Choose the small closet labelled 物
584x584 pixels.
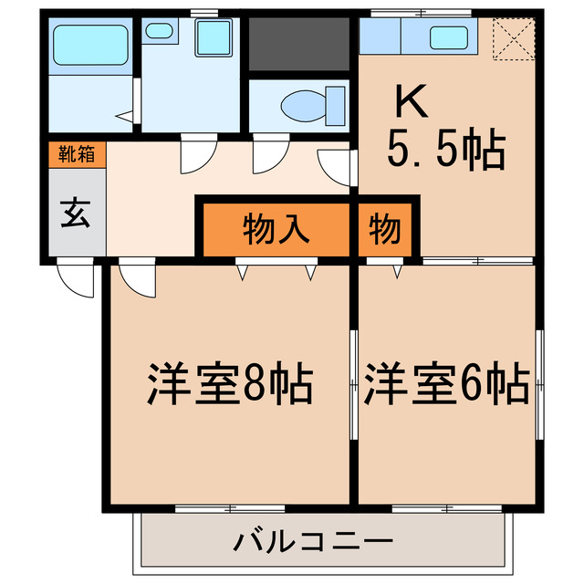coord(385,229)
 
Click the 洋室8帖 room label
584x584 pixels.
coord(230,385)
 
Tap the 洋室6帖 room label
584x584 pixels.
coord(446,385)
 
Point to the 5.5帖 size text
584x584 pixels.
coord(446,151)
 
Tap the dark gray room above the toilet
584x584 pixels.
coord(299,44)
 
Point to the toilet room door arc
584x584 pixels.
coord(266,156)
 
